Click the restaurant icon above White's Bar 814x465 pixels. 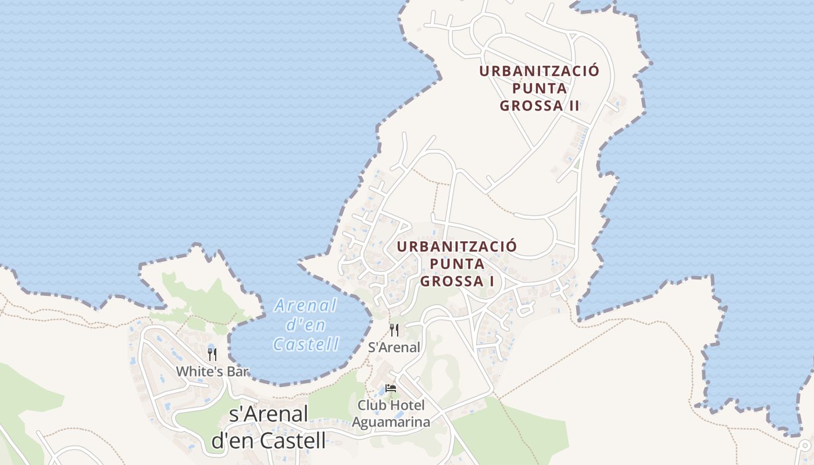[x=212, y=354]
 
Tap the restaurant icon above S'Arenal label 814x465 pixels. [x=394, y=330]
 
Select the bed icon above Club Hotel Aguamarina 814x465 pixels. [x=391, y=388]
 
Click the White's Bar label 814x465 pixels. [x=212, y=371]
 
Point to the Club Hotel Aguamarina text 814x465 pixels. [x=391, y=413]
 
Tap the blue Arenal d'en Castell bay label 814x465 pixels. [x=306, y=324]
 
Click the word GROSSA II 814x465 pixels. [x=540, y=106]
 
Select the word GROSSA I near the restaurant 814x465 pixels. [x=458, y=281]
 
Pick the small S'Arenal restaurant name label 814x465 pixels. [x=394, y=348]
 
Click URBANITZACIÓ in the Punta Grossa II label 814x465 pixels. [x=539, y=71]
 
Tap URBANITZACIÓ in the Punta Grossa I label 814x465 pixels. [x=457, y=246]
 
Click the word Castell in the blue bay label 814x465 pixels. [x=306, y=344]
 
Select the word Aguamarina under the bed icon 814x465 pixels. [x=392, y=422]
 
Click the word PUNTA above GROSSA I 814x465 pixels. [x=457, y=264]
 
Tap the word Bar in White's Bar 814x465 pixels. [x=237, y=371]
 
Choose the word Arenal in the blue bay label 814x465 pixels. [x=306, y=305]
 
